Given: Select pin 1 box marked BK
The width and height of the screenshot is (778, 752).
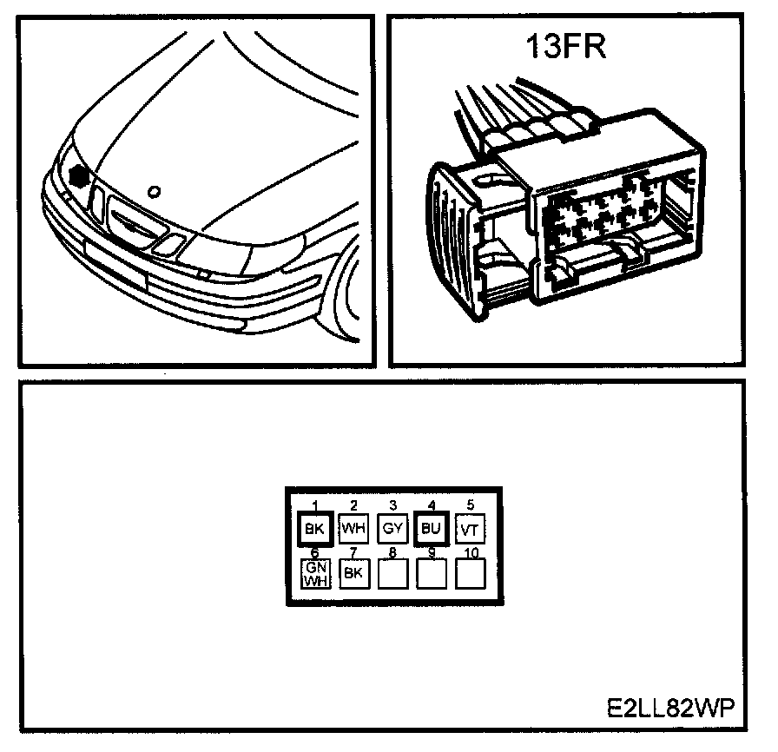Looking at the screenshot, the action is (x=313, y=528).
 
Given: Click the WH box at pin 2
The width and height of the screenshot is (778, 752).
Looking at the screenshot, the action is (x=353, y=528).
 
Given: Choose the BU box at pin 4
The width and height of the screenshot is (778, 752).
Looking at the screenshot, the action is (x=432, y=528).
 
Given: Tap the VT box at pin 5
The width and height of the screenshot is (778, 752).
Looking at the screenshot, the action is (x=470, y=528).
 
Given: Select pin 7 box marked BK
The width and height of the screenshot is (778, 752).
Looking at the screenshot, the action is (x=353, y=572).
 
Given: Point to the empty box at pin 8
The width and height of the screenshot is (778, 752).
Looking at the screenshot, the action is (x=392, y=572).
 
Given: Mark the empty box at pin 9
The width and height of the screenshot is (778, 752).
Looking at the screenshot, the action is (x=432, y=572).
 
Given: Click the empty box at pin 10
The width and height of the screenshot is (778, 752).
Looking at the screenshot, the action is (x=470, y=572).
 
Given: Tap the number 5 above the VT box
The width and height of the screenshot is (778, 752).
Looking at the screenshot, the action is (x=470, y=505).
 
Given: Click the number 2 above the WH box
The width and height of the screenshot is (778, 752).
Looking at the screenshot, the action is (x=353, y=505).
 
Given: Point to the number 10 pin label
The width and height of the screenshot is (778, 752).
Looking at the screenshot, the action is (x=470, y=552).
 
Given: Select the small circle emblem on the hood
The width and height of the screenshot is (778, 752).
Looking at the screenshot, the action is (x=155, y=191).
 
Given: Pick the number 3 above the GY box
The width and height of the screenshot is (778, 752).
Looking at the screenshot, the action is (x=392, y=505).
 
